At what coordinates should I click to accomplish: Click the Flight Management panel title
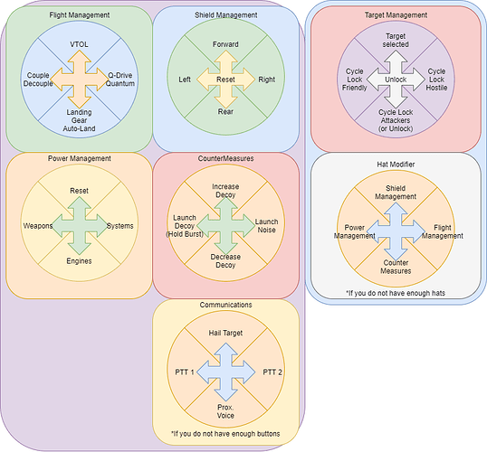(79, 14)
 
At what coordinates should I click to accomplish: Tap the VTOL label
(79, 44)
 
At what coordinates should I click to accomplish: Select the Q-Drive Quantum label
(120, 80)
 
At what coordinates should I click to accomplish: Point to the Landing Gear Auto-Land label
(79, 120)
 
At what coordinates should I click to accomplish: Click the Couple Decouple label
(38, 80)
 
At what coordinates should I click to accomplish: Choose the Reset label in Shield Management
(225, 80)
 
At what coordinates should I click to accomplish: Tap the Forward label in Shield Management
(225, 44)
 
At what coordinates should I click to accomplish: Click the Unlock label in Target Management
(396, 80)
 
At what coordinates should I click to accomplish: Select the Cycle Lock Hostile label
(436, 80)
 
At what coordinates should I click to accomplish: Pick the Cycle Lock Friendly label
(354, 80)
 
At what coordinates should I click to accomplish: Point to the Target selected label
(396, 41)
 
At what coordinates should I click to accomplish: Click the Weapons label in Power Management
(38, 226)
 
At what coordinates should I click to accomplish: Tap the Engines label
(79, 261)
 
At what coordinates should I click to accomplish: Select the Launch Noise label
(266, 226)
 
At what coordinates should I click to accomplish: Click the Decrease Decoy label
(225, 261)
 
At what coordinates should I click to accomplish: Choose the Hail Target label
(225, 333)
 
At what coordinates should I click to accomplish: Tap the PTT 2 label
(272, 372)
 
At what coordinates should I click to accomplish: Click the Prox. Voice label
(225, 411)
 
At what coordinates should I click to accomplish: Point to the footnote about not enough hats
(396, 293)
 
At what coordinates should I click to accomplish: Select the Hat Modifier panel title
(396, 165)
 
